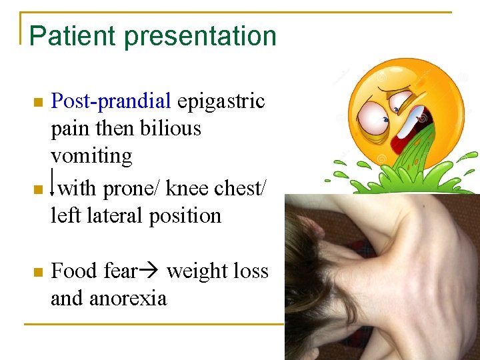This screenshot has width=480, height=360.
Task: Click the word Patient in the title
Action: [67, 36]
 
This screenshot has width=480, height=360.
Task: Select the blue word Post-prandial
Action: [111, 101]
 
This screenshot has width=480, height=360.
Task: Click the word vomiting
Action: [91, 156]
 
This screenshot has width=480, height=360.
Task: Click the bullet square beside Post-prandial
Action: [38, 103]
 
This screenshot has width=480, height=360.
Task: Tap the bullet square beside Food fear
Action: [38, 272]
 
